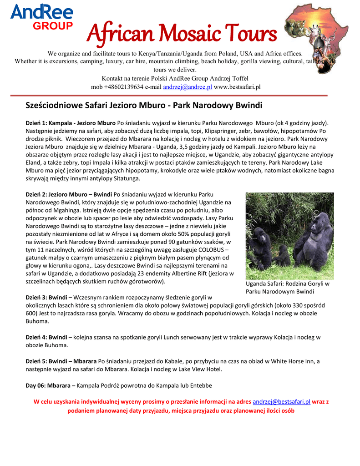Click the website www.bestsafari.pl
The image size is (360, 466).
(x=237, y=87)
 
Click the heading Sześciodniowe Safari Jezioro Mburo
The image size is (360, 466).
(x=144, y=106)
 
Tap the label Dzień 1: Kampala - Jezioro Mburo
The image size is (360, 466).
(x=71, y=123)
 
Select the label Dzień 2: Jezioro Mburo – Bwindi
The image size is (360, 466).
(x=69, y=195)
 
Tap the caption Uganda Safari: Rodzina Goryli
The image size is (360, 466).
(x=287, y=284)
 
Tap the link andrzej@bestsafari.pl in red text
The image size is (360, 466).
(x=281, y=402)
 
